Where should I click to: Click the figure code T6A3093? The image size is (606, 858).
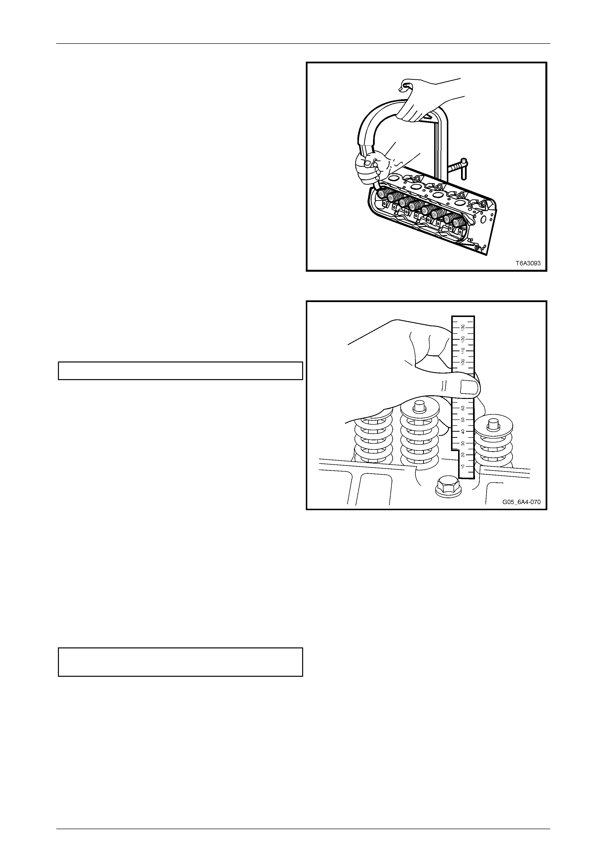pos(528,263)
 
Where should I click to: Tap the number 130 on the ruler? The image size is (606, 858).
pos(463,327)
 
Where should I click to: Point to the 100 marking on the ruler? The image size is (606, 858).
pos(463,362)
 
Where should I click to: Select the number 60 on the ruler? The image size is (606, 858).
pos(463,408)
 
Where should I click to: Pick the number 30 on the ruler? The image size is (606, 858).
pos(463,443)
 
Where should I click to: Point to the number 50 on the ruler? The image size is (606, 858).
pos(463,420)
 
